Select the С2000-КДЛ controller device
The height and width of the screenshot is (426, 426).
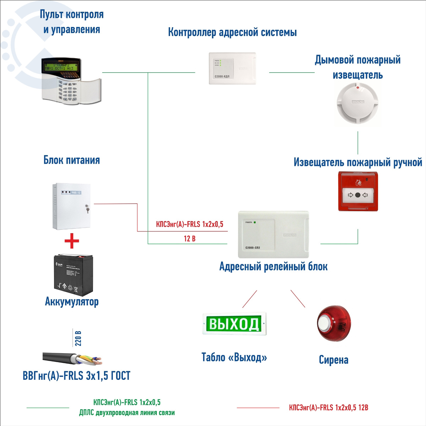[x=232, y=68]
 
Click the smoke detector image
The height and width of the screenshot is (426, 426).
[x=357, y=104]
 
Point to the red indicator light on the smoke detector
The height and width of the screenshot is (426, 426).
[x=358, y=87]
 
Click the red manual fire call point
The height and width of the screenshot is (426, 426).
[x=357, y=192]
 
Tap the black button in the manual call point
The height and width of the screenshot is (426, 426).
[x=357, y=195]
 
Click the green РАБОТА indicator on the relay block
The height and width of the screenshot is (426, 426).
[x=255, y=222]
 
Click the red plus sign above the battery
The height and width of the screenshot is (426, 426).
[x=72, y=241]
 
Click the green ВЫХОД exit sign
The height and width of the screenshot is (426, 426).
[x=234, y=324]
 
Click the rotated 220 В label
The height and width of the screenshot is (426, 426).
[x=78, y=339]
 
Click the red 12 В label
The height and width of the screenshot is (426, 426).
[x=190, y=239]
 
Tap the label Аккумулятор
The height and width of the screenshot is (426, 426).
[x=72, y=302]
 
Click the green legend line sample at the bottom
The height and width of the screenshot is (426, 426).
[x=48, y=408]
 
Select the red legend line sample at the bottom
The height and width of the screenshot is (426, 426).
[x=258, y=408]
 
